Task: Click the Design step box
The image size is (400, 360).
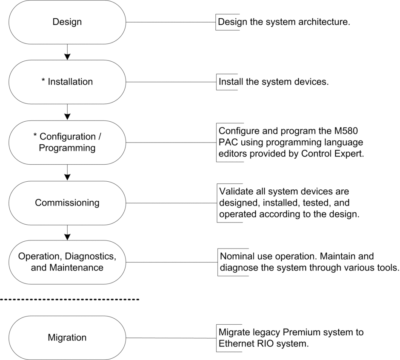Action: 67,22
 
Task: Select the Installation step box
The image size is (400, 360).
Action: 67,82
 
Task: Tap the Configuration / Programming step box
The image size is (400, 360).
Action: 67,143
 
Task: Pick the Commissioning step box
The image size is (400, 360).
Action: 67,203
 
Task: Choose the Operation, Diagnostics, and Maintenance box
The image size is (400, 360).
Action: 67,262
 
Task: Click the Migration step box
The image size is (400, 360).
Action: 67,338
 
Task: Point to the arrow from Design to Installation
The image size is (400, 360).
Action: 67,52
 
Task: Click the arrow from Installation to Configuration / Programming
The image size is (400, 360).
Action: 67,112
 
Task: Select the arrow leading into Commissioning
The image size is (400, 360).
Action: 67,172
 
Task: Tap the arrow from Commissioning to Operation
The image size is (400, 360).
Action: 67,233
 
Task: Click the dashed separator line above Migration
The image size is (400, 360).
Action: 69,299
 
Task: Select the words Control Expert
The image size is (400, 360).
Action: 333,154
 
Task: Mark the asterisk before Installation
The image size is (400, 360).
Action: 43,80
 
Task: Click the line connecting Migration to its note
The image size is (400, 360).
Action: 171,338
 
